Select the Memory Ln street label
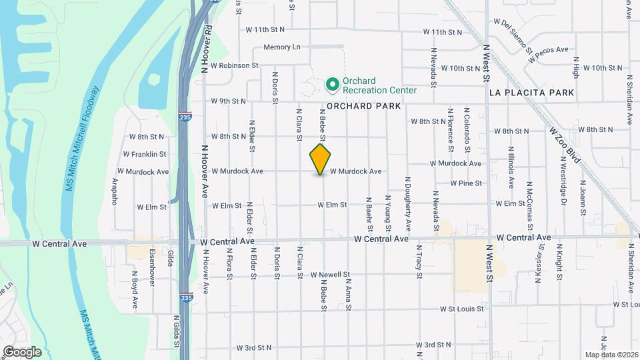[282, 47]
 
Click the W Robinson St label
[234, 65]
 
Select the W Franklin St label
[144, 154]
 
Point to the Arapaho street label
[114, 191]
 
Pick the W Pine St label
[466, 183]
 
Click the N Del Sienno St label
[516, 37]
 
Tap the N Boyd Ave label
[134, 289]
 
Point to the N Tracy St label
[419, 260]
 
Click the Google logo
[22, 351]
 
